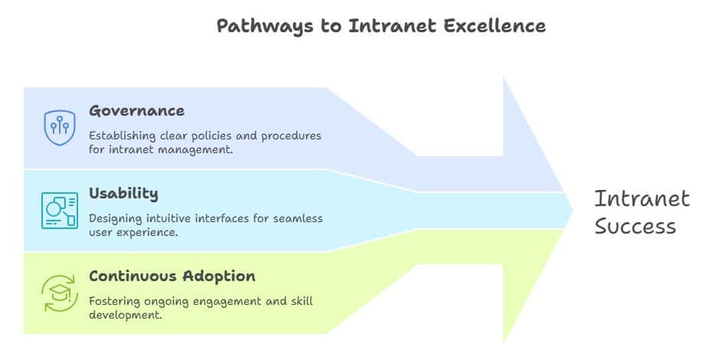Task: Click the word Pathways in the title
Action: pyautogui.click(x=250, y=26)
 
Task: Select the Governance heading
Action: pyautogui.click(x=136, y=111)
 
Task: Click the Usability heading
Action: pyautogui.click(x=123, y=193)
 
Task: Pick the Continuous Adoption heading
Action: pyautogui.click(x=172, y=276)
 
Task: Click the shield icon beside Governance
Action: pyautogui.click(x=59, y=127)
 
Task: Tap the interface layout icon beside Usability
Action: pyautogui.click(x=59, y=210)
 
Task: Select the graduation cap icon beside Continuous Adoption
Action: pyautogui.click(x=59, y=293)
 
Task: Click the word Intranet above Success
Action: pyautogui.click(x=642, y=199)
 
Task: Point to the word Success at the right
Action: pyautogui.click(x=635, y=227)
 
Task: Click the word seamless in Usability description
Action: pyautogui.click(x=298, y=218)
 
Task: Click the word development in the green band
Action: pyautogui.click(x=125, y=315)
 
